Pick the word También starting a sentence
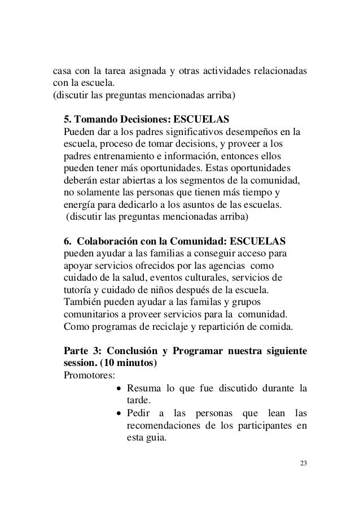tap(83, 302)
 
